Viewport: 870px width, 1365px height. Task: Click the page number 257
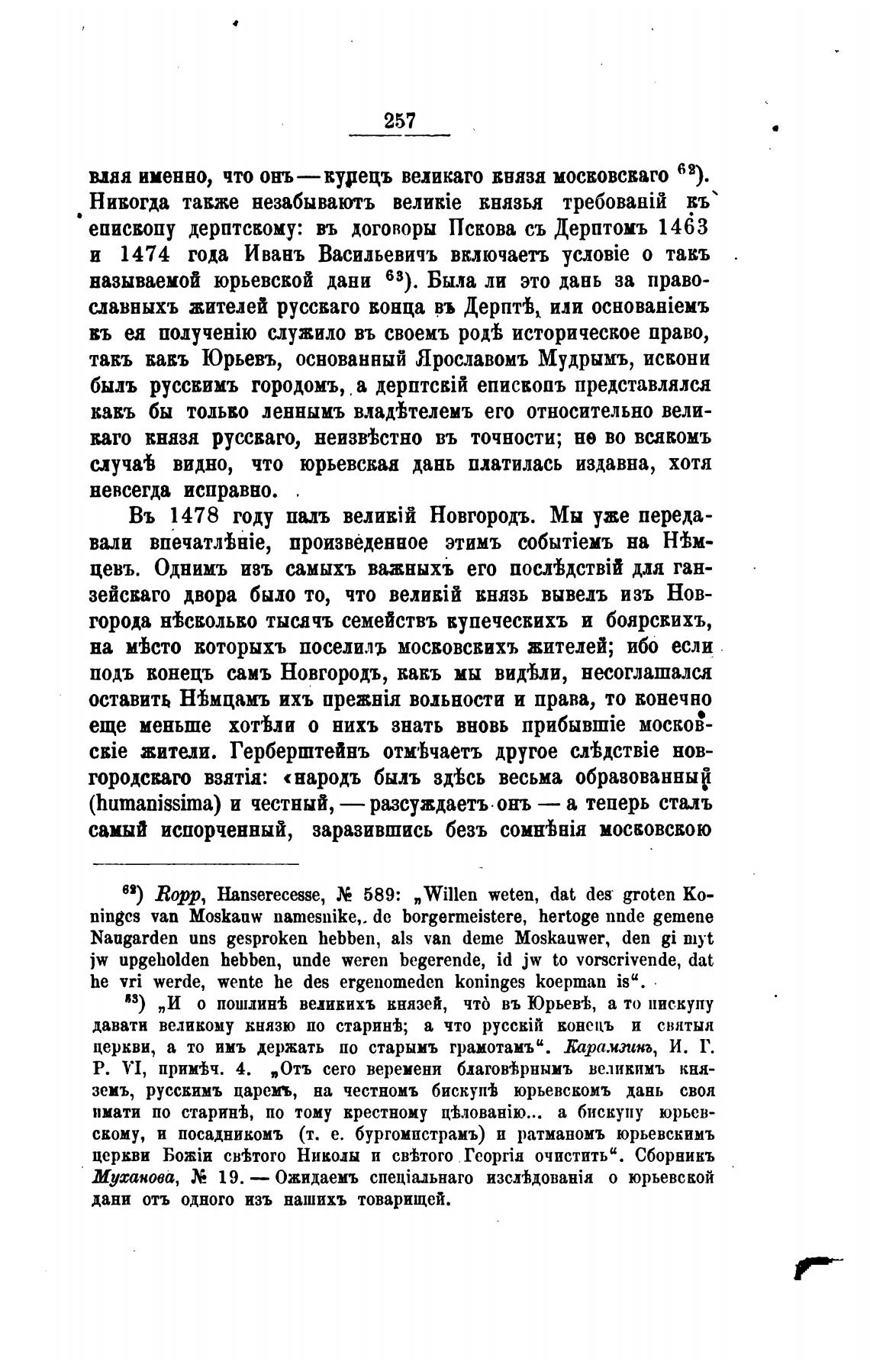400,121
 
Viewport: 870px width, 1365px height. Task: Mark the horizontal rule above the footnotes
196,864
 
